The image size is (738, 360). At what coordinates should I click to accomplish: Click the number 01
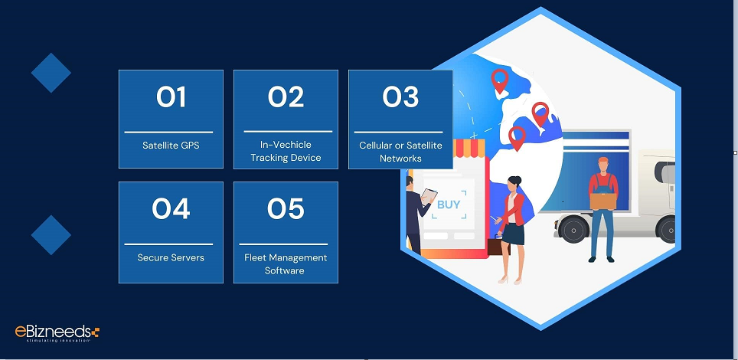point(171,97)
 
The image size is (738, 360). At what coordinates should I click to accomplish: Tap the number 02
point(286,97)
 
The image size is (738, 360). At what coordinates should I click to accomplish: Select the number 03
point(400,97)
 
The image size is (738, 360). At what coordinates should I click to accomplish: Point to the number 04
point(171,208)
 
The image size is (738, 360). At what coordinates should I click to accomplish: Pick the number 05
point(286,208)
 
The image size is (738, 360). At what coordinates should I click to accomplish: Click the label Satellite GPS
point(171,145)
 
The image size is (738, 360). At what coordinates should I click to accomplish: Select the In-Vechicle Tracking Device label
point(286,151)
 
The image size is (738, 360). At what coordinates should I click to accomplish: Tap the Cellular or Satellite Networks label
point(400,152)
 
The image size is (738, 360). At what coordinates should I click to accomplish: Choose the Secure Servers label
point(171,257)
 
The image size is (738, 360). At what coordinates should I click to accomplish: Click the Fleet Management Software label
point(286,263)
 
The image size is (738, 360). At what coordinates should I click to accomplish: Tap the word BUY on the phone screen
point(449,205)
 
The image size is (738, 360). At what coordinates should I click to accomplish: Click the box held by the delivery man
point(603,199)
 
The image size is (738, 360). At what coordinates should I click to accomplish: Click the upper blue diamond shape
point(51,73)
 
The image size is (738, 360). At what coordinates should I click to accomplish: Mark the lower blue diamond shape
point(51,234)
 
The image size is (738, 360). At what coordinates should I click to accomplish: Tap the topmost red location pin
point(500,80)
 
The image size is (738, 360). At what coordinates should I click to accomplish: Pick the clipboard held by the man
point(429,197)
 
